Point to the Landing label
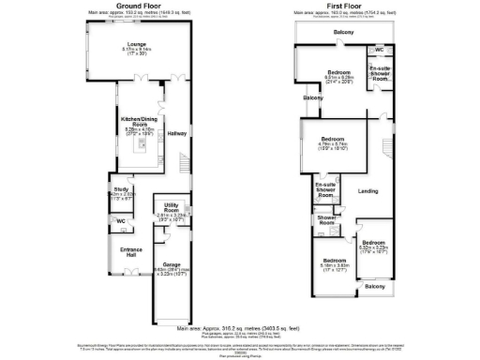click(368, 189)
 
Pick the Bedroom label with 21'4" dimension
click(339, 72)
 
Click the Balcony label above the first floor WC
click(345, 33)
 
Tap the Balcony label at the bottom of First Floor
click(374, 286)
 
